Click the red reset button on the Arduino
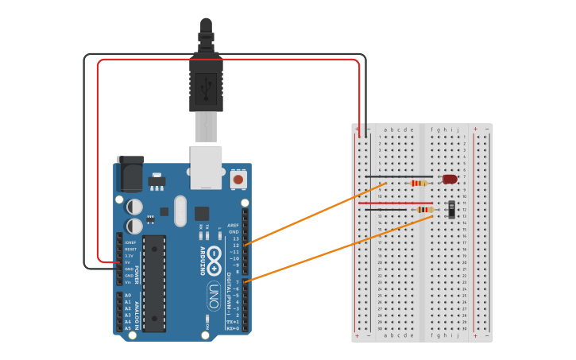pyautogui.click(x=238, y=180)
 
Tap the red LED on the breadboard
pyautogui.click(x=450, y=180)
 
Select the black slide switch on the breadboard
pyautogui.click(x=452, y=210)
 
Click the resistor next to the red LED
pyautogui.click(x=419, y=184)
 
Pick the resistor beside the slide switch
pyautogui.click(x=425, y=210)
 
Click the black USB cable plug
pyautogui.click(x=206, y=83)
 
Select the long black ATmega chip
pyautogui.click(x=155, y=283)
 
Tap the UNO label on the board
pyautogui.click(x=214, y=292)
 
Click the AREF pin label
pyautogui.click(x=233, y=225)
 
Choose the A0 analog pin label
pyautogui.click(x=128, y=295)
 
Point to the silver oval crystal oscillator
pyautogui.click(x=180, y=211)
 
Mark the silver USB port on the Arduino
pyautogui.click(x=206, y=166)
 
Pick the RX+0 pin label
pyautogui.click(x=232, y=327)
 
